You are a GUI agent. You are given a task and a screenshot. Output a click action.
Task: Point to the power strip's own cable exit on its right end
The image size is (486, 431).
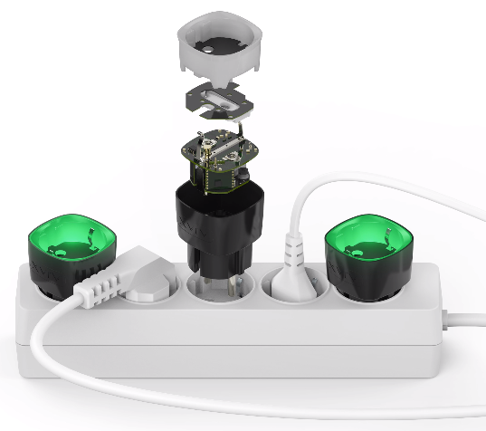(449, 317)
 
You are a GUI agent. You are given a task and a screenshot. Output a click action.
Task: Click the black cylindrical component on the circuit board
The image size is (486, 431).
(243, 177)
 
